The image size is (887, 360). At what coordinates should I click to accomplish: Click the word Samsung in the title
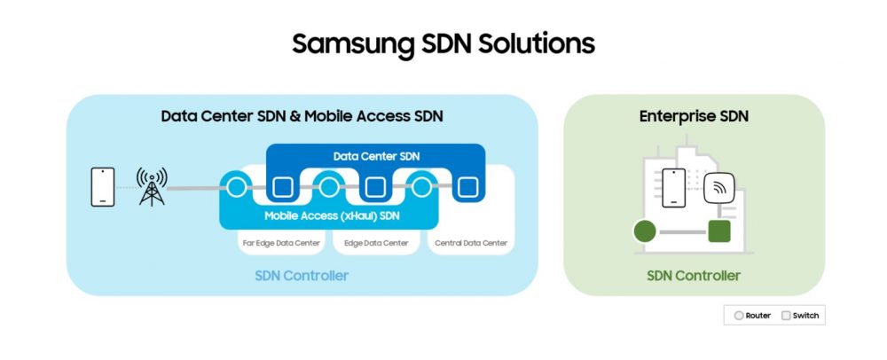click(356, 44)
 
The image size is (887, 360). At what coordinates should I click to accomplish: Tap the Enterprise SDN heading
click(694, 116)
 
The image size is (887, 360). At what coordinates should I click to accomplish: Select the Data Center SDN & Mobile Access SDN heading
click(302, 116)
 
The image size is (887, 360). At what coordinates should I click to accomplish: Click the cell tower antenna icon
click(152, 186)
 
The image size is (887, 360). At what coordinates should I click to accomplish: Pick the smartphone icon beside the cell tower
click(103, 186)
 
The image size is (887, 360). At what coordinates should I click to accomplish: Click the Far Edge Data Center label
click(281, 243)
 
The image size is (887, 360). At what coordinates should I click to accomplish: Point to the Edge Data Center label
click(376, 243)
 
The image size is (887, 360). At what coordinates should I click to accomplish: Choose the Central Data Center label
click(471, 243)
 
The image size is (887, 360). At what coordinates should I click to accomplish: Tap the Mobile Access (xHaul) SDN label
click(328, 215)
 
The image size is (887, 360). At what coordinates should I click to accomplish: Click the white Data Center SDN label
click(376, 156)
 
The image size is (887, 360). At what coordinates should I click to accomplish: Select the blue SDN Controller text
click(302, 276)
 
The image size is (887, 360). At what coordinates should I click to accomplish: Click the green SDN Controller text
click(694, 276)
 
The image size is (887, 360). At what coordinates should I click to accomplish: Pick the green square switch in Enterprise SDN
click(719, 231)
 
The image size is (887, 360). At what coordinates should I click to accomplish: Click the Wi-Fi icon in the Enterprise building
click(719, 188)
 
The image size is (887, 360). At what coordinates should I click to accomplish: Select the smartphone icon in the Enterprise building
click(673, 188)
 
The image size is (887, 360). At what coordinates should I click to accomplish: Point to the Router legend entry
click(752, 316)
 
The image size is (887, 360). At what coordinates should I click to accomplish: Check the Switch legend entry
click(800, 316)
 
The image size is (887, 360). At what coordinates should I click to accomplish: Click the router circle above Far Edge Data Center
click(237, 186)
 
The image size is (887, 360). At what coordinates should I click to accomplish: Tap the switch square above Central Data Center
click(467, 187)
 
